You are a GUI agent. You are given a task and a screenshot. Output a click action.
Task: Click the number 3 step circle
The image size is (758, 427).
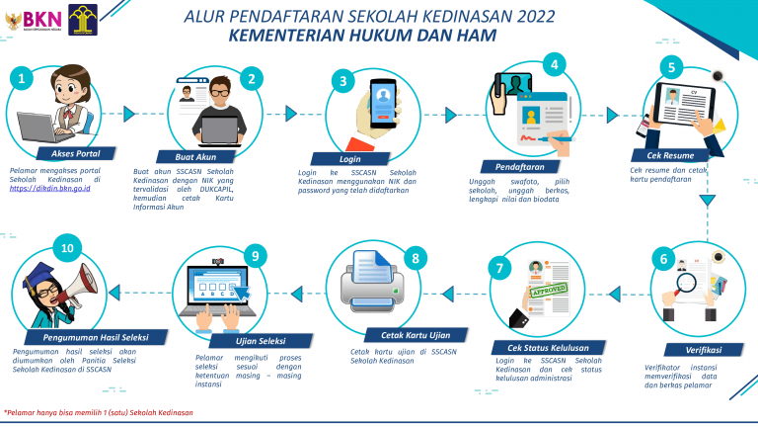click(342, 81)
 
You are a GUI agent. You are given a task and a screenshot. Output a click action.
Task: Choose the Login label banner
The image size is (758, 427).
click(349, 158)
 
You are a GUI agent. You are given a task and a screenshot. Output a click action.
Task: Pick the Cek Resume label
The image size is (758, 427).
click(669, 155)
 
